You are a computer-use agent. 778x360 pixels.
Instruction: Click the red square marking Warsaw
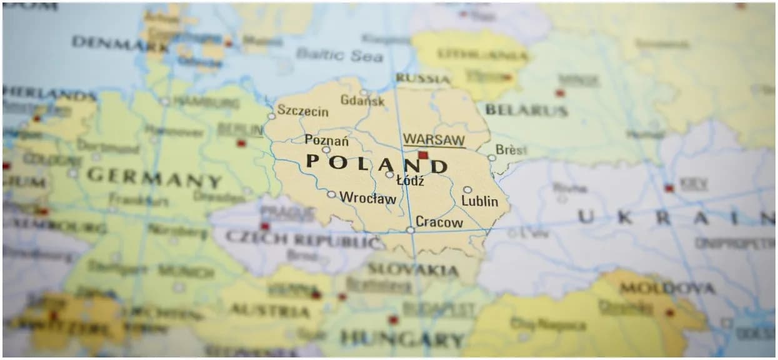pos(423,155)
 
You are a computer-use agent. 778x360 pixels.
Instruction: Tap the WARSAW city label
pos(434,139)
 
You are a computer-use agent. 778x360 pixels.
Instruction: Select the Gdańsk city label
pos(362,100)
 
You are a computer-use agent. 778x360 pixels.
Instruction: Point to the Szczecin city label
pos(303,111)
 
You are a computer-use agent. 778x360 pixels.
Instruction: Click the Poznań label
pos(327,140)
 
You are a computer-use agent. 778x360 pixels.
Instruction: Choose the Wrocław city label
pos(367,198)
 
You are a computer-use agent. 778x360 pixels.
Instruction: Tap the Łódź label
pos(411,181)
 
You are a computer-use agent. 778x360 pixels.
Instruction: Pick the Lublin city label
pos(480,201)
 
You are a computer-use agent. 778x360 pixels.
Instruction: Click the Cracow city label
pos(439,222)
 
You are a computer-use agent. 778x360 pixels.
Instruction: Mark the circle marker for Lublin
pos(467,189)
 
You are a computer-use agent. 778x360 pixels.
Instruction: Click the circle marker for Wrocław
pos(331,194)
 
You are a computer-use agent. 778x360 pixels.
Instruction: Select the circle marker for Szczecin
pos(271,116)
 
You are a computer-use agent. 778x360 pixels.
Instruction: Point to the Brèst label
pos(511,150)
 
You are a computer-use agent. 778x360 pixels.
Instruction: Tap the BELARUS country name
pos(527,111)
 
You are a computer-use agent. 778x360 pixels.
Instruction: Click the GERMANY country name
pos(154,177)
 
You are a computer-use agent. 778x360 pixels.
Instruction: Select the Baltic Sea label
pos(339,54)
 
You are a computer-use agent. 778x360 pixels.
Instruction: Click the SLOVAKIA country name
pos(412,269)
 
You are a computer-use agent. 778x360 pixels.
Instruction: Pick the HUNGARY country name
pos(402,339)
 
